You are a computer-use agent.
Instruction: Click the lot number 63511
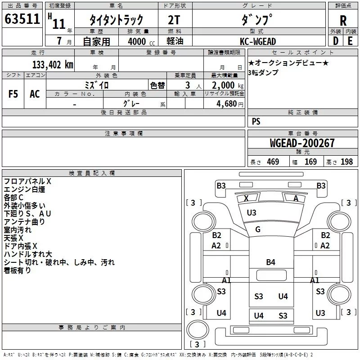22,19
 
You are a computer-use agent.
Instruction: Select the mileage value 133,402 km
53,65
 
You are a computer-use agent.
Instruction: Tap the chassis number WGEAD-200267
302,143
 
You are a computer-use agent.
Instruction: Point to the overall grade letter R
343,21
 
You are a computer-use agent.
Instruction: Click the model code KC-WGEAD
258,41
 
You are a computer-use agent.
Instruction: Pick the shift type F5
13,94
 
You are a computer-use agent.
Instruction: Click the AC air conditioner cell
35,94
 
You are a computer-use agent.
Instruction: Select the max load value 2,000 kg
228,85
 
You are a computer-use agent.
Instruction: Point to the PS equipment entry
256,121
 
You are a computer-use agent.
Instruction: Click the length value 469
273,162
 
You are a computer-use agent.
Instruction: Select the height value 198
346,162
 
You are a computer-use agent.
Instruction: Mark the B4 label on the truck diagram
271,262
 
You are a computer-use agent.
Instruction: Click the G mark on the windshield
257,229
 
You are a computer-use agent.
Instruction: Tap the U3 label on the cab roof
252,213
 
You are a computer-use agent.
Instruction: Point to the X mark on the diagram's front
246,198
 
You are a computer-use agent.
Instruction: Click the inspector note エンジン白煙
24,189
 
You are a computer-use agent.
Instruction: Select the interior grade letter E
350,41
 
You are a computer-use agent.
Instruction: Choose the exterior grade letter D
336,41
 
